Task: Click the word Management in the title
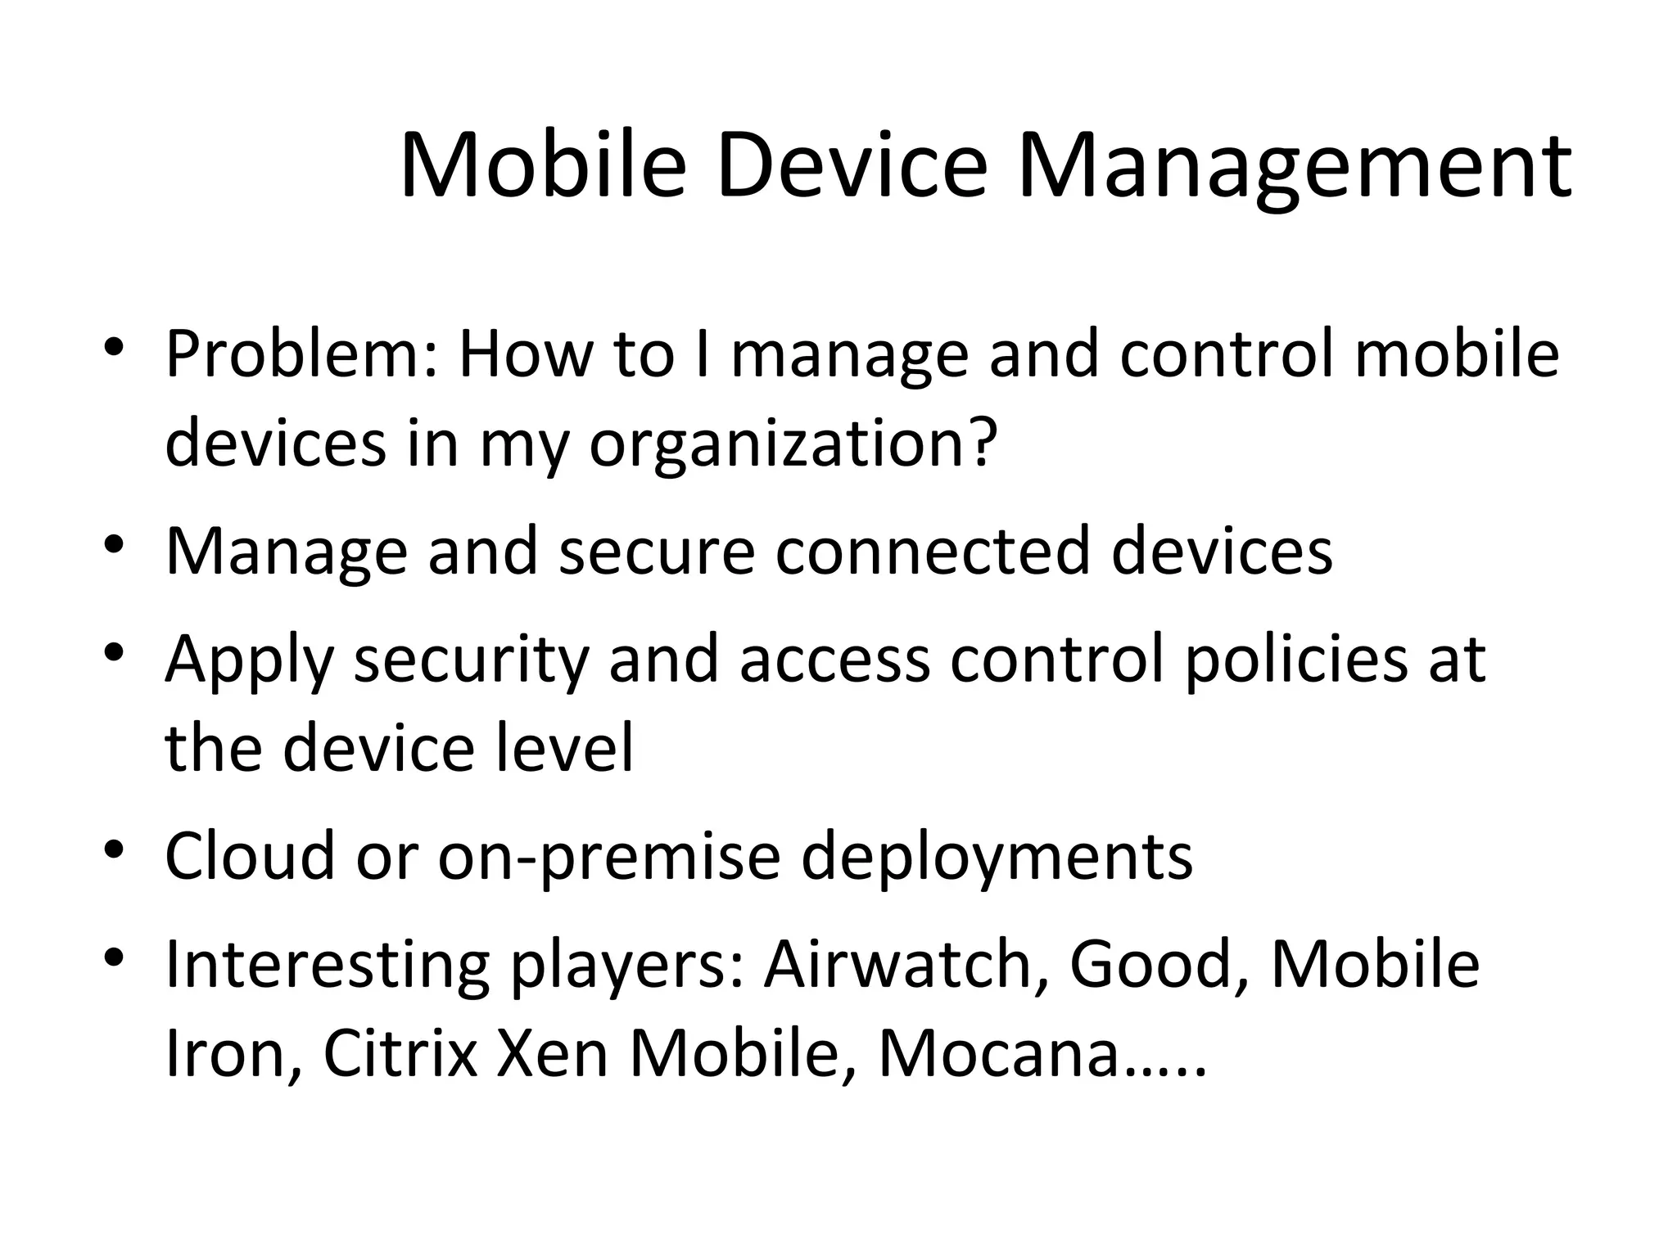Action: click(1293, 168)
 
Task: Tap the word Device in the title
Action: click(852, 168)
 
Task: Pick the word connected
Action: click(933, 551)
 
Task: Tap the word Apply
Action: click(250, 661)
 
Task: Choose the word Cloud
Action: click(250, 856)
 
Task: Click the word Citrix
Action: click(400, 1054)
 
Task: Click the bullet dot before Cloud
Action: click(114, 849)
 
